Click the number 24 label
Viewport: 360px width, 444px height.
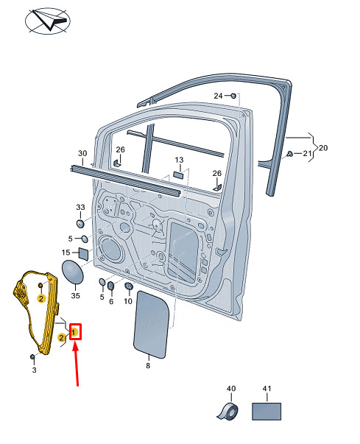point(218,96)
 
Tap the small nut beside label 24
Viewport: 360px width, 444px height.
point(233,96)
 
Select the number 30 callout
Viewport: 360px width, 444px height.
point(82,153)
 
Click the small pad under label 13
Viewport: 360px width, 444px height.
point(179,175)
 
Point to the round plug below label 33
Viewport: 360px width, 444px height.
point(81,223)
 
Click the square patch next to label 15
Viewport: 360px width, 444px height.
point(83,254)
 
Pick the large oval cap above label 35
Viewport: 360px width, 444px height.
point(73,272)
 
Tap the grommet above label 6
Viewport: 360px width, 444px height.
point(110,286)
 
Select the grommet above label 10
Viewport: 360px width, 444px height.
point(129,286)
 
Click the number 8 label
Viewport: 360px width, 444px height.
point(148,366)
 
